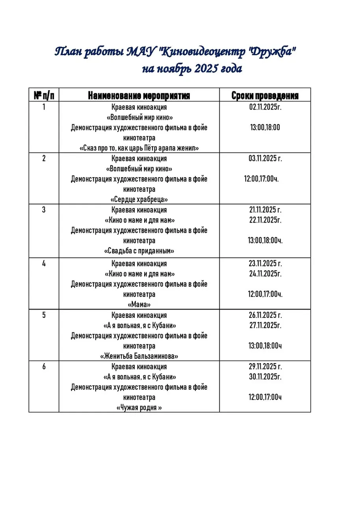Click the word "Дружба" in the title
coord(273,52)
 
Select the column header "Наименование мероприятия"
coord(139,96)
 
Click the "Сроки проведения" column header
coord(265,96)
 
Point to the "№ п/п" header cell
coord(44,96)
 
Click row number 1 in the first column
coord(44,107)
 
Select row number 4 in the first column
coord(44,263)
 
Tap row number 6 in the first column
coord(44,367)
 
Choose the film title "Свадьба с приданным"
coord(139,251)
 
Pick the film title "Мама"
coord(139,304)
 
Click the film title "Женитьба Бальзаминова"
coord(139,356)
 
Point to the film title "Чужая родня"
coord(139,408)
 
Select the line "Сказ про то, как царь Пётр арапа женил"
coord(139,148)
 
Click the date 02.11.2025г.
coord(265,107)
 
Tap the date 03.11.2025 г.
coord(265,159)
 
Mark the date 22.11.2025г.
coord(265,220)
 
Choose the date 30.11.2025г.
coord(265,377)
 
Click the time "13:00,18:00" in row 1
coord(265,127)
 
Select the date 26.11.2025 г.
coord(265,315)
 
